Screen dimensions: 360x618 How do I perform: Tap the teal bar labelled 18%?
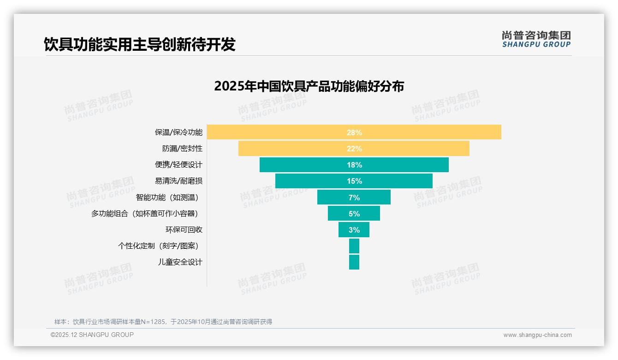pos(314,165)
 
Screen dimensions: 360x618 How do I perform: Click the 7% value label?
pos(354,198)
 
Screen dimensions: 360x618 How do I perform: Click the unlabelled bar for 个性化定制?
pos(354,246)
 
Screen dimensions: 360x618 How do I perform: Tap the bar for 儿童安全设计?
pos(354,262)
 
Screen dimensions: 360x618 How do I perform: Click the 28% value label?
pos(354,132)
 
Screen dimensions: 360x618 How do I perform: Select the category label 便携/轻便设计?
pos(178,165)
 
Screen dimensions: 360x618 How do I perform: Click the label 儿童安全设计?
pos(180,262)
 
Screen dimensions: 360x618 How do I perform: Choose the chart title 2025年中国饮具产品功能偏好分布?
pos(309,86)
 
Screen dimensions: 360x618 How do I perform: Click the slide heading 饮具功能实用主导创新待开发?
pos(139,44)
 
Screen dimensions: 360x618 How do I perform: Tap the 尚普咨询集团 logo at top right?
pos(536,39)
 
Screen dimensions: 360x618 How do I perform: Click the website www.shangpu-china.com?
pos(537,335)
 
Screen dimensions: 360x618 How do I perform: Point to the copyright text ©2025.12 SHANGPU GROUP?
pos(92,335)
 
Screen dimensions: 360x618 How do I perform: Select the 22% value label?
pos(354,149)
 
